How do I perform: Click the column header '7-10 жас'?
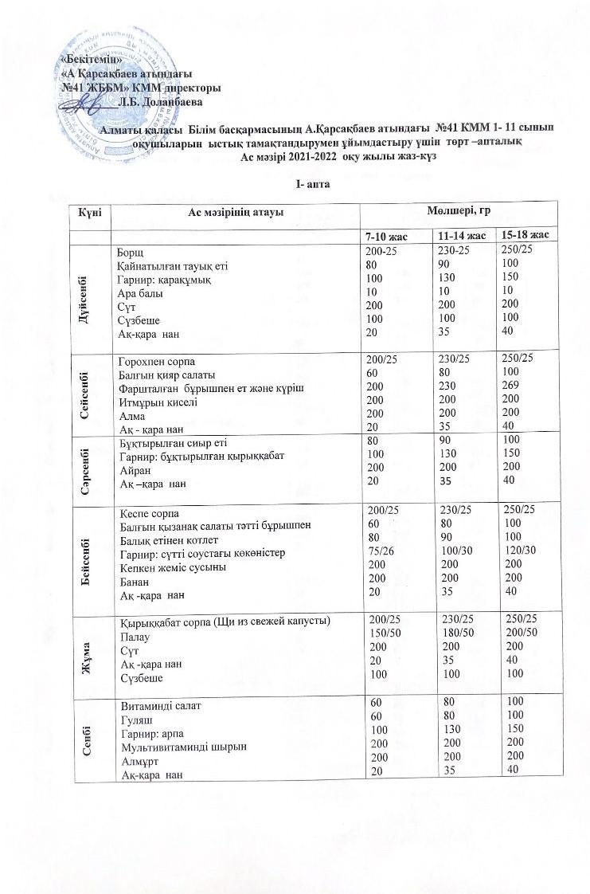386,237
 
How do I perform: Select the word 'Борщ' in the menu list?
131,253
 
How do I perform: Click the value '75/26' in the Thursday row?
378,553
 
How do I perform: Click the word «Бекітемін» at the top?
92,60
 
